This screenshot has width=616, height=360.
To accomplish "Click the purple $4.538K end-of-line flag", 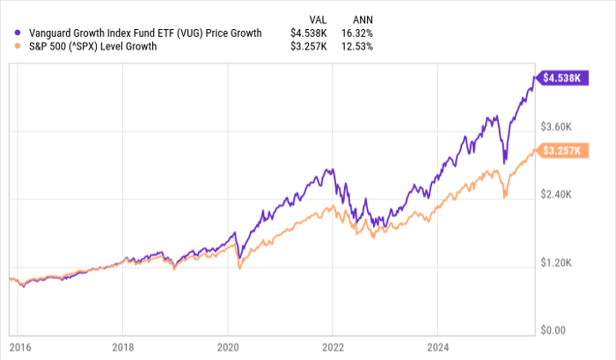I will [561, 78].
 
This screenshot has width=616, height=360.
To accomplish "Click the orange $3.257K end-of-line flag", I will [561, 151].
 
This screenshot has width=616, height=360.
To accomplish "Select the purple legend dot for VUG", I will [9, 33].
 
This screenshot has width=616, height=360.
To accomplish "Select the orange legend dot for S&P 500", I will [9, 47].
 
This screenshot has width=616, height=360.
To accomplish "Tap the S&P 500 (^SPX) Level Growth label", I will [86, 47].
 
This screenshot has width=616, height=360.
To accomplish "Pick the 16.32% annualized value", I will [363, 33].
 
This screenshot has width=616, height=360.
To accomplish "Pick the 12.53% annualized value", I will [363, 47].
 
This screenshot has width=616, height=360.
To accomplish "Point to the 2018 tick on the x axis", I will [124, 346].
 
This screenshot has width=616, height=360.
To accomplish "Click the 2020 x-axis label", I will [229, 346].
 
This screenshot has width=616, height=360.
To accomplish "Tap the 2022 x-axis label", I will [334, 346].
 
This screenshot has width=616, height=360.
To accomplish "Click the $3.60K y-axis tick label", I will [562, 126].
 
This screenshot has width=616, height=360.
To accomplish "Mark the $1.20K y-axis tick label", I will [562, 263].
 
